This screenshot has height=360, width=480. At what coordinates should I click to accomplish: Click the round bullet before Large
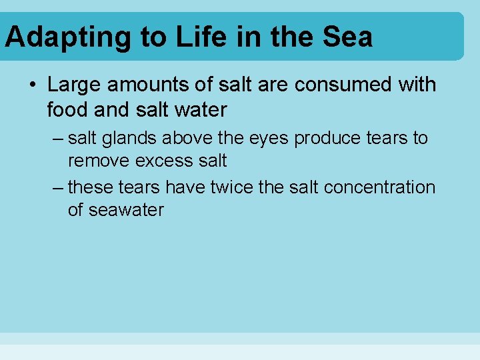pyautogui.click(x=32, y=85)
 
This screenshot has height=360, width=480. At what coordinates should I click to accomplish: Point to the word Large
pyautogui.click(x=76, y=85)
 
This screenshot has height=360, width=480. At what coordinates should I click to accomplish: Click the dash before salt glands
pyautogui.click(x=57, y=139)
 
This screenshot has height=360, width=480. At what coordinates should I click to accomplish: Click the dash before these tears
pyautogui.click(x=57, y=187)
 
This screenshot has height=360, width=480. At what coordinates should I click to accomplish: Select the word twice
pyautogui.click(x=232, y=187)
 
